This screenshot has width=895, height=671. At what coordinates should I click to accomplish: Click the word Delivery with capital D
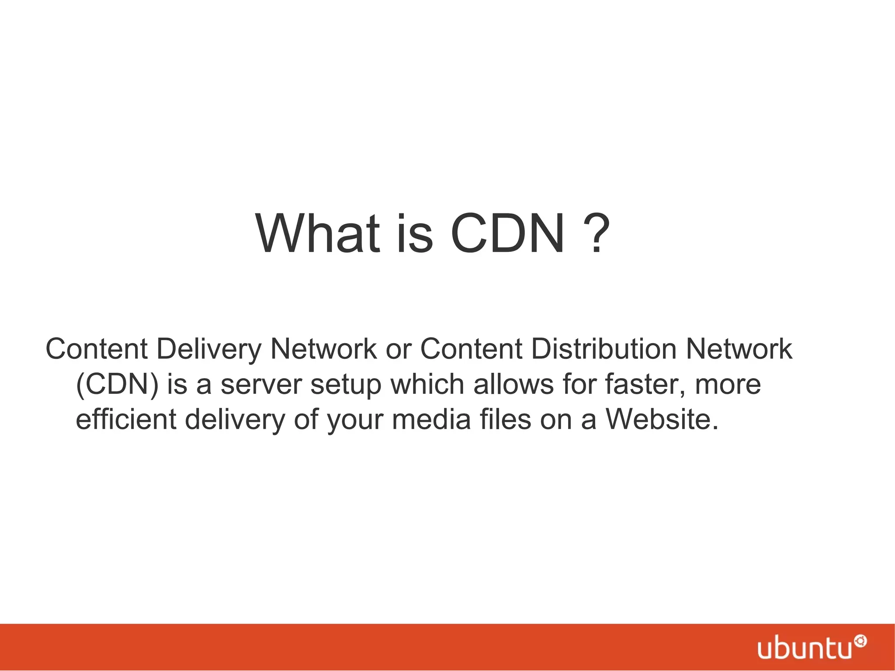click(x=209, y=350)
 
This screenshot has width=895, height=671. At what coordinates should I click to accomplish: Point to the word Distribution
click(x=604, y=349)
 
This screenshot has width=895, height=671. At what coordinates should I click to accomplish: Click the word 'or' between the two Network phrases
click(x=398, y=350)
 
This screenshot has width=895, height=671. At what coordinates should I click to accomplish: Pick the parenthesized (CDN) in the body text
click(x=117, y=385)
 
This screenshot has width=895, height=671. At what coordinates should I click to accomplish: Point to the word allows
click(x=513, y=384)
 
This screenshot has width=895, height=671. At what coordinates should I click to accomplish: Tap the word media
click(x=431, y=420)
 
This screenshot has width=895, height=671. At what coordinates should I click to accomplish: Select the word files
click(x=505, y=420)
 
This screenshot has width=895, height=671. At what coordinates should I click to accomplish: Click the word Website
click(x=662, y=420)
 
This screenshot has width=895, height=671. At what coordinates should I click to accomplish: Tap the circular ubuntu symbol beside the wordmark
click(x=861, y=641)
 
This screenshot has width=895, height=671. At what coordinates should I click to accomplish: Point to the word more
click(x=728, y=385)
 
